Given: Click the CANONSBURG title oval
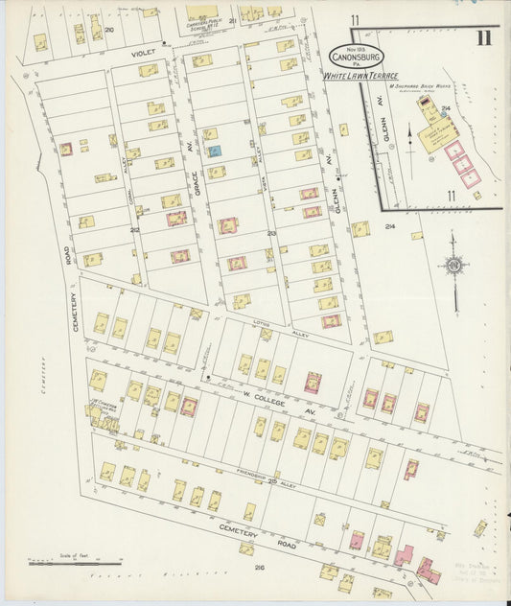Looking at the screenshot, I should click(358, 57).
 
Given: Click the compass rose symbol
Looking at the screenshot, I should click(453, 265).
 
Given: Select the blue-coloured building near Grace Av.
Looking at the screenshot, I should click(215, 151).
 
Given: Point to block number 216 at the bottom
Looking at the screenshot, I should click(259, 568).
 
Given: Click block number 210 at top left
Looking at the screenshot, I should click(109, 30).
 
